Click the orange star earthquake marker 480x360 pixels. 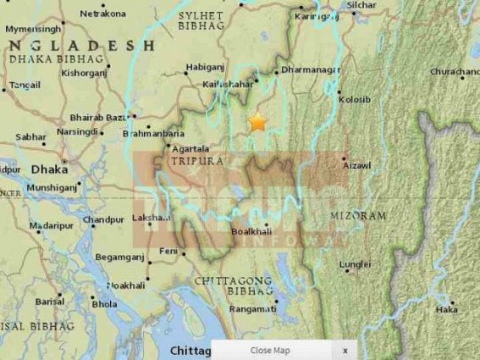257,123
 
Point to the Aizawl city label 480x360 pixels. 357,165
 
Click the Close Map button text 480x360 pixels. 270,350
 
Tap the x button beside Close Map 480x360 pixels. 345,350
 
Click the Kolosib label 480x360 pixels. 353,100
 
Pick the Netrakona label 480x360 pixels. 102,14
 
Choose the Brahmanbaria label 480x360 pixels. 152,133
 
